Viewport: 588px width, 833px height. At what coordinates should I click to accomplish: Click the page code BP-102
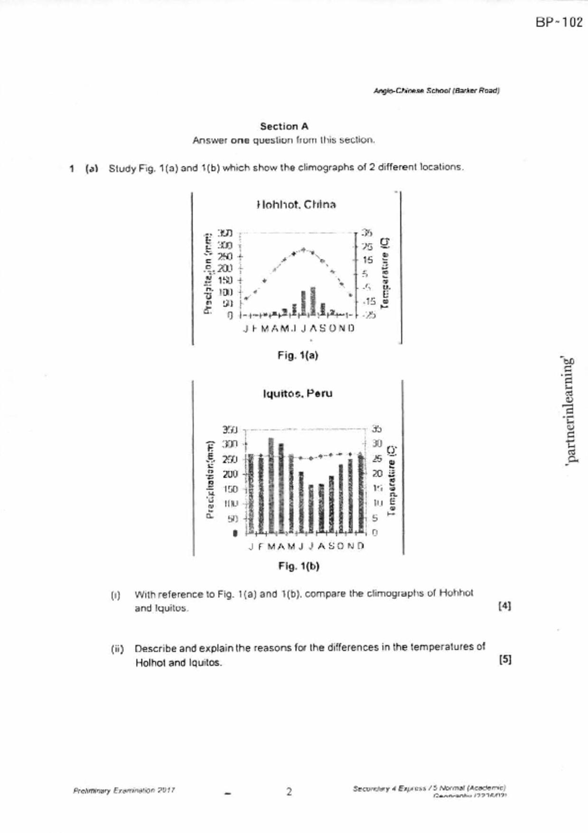[559, 22]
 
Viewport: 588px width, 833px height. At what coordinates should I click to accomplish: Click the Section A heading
[284, 126]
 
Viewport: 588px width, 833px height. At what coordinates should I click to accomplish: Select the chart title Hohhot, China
[296, 205]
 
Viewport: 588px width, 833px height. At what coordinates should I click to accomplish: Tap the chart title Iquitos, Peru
[298, 393]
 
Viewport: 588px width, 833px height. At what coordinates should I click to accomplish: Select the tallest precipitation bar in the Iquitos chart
[271, 484]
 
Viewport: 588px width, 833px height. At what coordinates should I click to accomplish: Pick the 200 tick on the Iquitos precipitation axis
[230, 474]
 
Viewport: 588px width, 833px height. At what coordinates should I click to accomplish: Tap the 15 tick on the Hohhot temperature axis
[368, 260]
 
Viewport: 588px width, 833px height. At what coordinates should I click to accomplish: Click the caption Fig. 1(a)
[298, 355]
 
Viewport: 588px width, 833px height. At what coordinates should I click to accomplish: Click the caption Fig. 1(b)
[299, 566]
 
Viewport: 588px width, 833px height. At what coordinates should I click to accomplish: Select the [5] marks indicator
[505, 660]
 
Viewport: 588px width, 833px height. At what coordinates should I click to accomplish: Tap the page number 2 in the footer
[289, 792]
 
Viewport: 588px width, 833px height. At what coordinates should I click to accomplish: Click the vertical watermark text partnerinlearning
[571, 410]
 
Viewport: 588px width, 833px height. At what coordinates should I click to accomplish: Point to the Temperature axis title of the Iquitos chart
[392, 480]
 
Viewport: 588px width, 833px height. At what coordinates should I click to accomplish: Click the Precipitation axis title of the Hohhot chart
[208, 274]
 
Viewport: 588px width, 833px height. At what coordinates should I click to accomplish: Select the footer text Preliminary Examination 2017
[124, 791]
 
